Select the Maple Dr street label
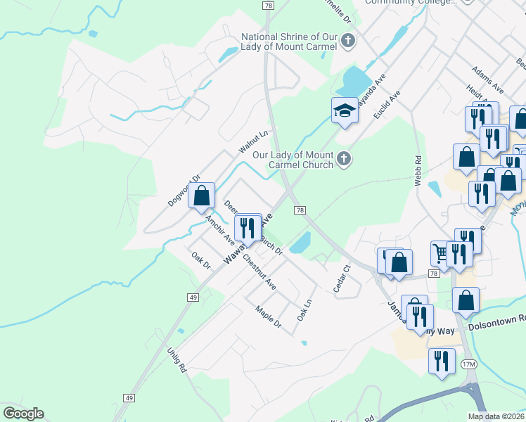click(x=268, y=318)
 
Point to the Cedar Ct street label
click(x=340, y=279)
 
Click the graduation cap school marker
click(x=345, y=110)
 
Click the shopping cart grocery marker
click(x=441, y=252)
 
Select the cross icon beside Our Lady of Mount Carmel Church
click(x=344, y=159)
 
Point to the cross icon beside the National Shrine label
click(x=347, y=41)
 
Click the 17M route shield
click(x=469, y=364)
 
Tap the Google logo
click(x=23, y=414)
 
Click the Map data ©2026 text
click(x=495, y=416)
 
